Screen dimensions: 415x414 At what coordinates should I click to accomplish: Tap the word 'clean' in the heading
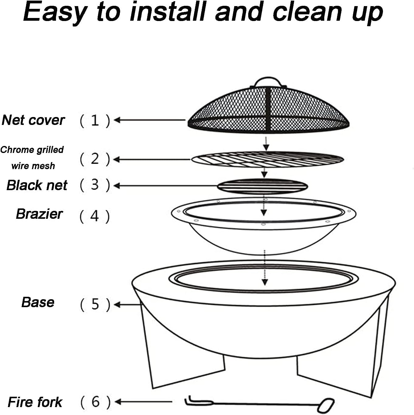307,12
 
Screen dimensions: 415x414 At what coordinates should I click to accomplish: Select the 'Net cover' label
33,120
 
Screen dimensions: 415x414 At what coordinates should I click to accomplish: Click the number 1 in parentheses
95,121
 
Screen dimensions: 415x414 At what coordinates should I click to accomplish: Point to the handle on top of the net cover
268,82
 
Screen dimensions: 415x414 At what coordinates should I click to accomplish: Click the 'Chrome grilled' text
32,150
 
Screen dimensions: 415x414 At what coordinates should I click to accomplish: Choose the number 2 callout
95,159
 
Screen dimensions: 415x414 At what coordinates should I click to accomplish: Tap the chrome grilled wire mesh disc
267,159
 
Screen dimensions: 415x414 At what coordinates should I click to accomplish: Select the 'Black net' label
37,185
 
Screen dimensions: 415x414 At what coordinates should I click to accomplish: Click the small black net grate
262,186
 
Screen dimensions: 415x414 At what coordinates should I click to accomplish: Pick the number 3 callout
95,185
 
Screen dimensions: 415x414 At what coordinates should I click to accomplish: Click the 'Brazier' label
39,214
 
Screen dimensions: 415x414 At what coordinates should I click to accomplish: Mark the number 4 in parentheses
95,216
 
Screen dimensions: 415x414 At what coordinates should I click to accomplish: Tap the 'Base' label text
38,302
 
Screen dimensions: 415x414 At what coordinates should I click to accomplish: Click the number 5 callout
95,304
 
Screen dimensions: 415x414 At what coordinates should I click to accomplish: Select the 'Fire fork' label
35,402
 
